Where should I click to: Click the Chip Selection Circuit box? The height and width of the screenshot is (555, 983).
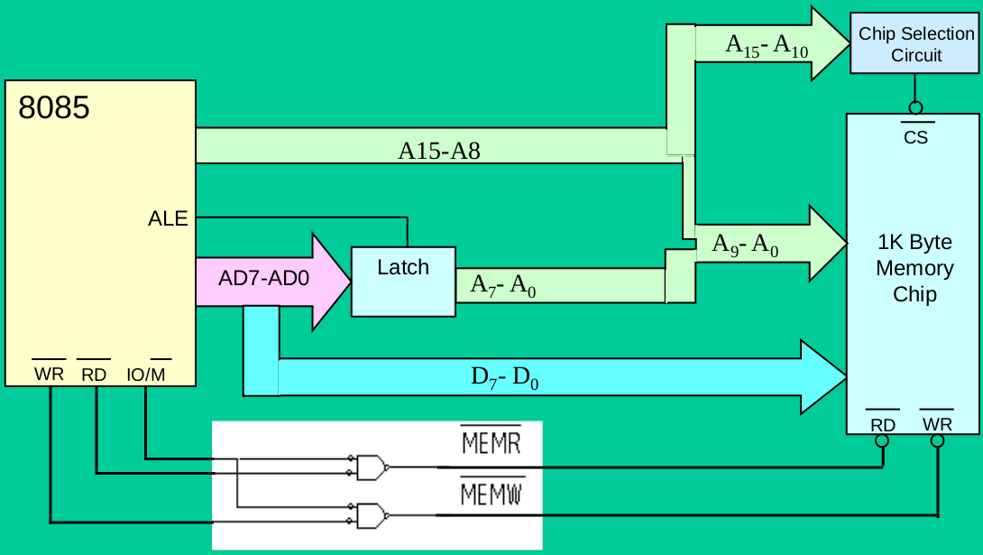tap(915, 44)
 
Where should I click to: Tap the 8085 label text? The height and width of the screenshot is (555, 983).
tap(54, 108)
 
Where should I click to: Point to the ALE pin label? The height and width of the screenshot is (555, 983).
tap(168, 218)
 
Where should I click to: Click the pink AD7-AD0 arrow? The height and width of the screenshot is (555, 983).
tap(271, 280)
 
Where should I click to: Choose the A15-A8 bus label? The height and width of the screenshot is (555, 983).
tap(439, 151)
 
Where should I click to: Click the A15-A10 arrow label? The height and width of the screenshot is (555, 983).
tap(767, 46)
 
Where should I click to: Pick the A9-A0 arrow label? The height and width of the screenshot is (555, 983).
tap(745, 245)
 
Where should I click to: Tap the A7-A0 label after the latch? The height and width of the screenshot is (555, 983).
tap(503, 284)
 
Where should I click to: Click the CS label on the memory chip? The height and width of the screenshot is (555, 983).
tap(915, 137)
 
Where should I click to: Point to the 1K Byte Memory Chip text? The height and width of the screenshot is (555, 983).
tap(914, 268)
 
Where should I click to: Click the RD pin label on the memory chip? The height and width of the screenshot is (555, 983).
tap(882, 424)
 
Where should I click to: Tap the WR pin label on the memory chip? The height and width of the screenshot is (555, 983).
tap(937, 423)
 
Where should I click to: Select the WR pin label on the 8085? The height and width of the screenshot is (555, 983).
tap(49, 374)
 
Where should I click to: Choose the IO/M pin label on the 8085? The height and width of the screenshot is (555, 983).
tap(146, 374)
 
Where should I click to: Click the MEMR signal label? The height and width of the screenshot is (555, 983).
tap(491, 443)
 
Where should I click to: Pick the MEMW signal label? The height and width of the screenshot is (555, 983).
tap(491, 495)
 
